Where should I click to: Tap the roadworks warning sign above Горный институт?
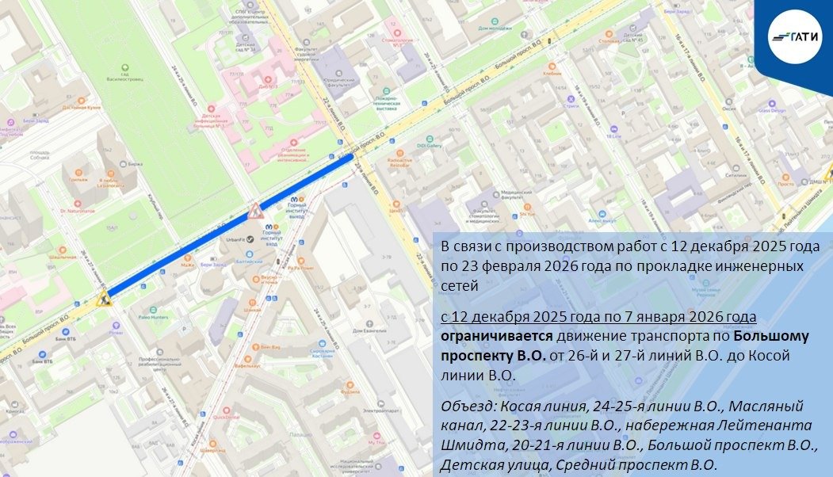pyautogui.click(x=255, y=211)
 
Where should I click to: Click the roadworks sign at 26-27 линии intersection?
pyautogui.click(x=102, y=300)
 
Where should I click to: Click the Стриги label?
pyautogui.click(x=571, y=105)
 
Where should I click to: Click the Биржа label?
pyautogui.click(x=135, y=164)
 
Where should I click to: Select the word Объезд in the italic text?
pyautogui.click(x=464, y=407)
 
